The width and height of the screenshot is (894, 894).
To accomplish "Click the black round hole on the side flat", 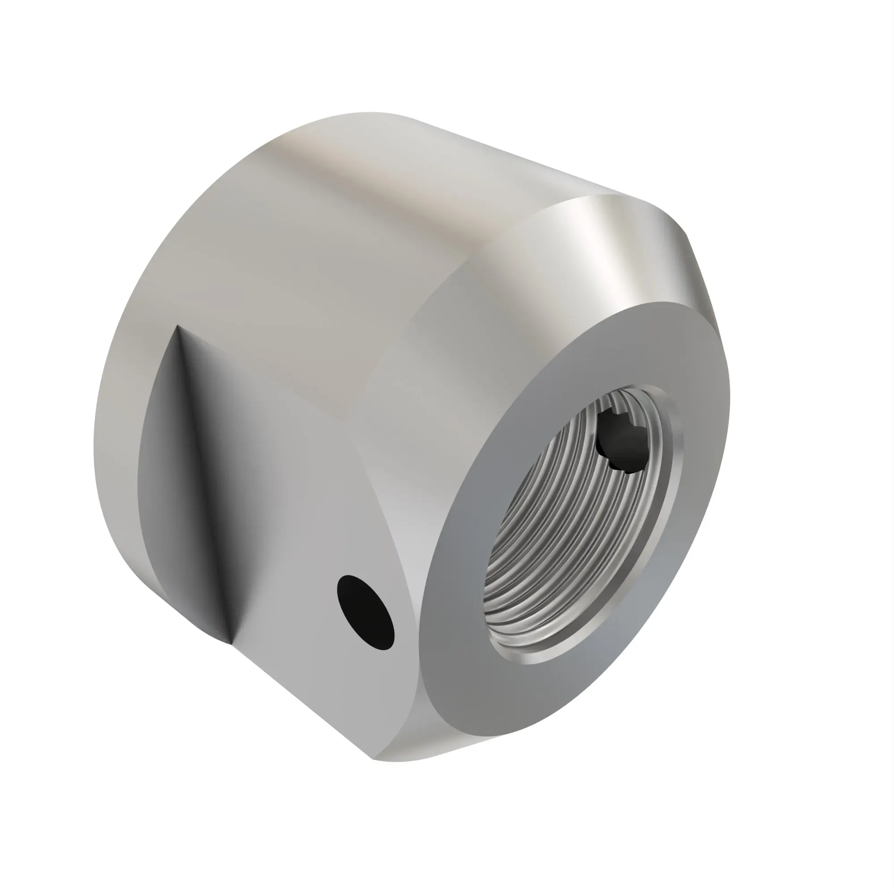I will (366, 612).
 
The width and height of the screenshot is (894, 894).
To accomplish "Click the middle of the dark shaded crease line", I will (203, 486).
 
